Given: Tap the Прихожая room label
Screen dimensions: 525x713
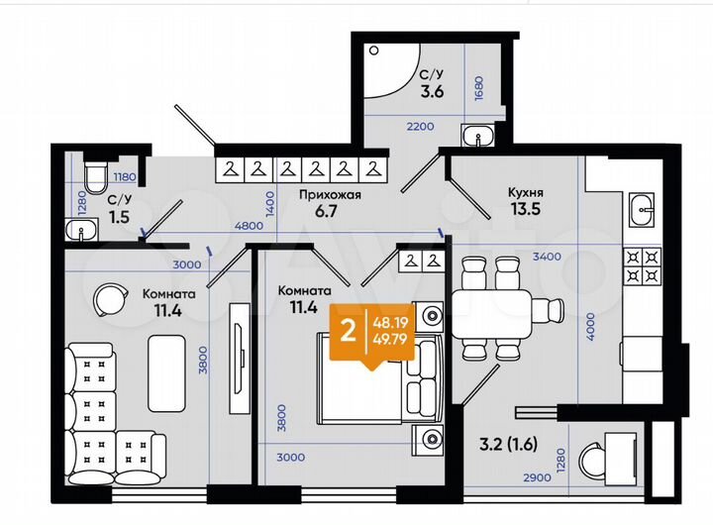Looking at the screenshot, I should click(330, 194).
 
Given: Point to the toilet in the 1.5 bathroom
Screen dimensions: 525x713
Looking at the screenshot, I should click(95, 178).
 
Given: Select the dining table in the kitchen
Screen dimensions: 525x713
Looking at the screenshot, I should click(493, 308).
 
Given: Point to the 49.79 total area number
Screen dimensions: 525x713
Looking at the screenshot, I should click(388, 341).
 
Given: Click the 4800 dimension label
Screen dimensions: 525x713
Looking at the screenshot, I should click(248, 226).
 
